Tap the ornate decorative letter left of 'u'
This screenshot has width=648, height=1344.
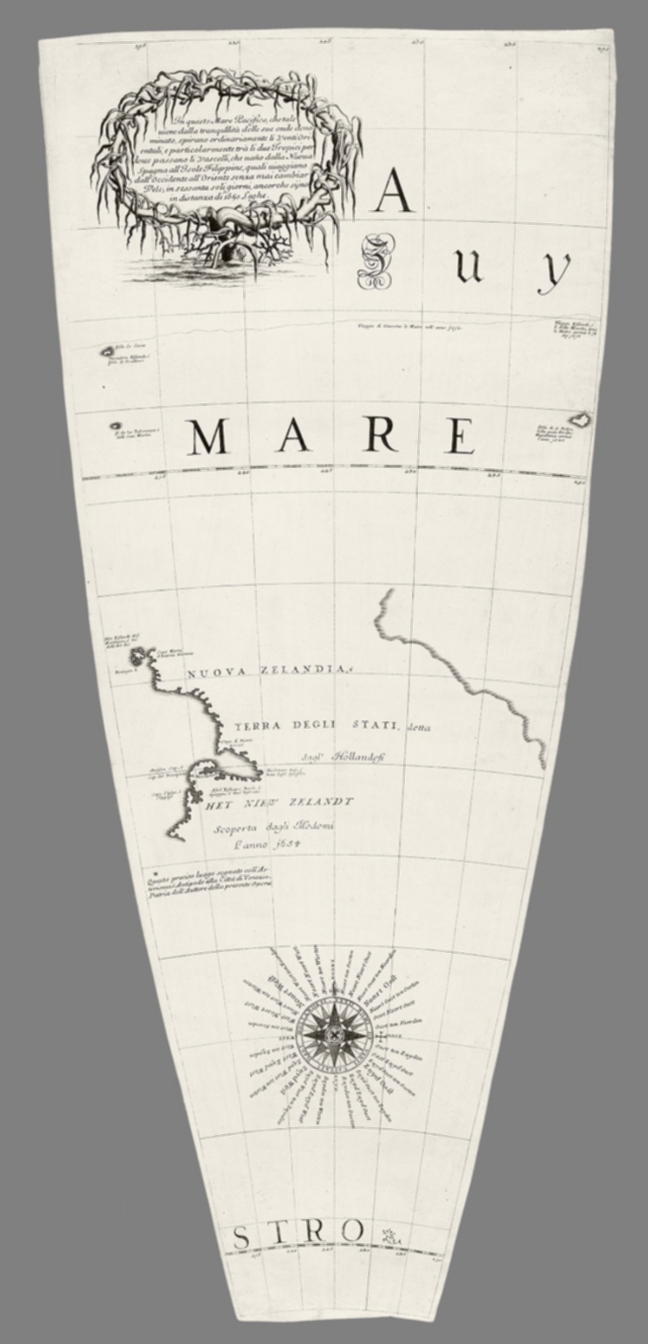pyautogui.click(x=375, y=262)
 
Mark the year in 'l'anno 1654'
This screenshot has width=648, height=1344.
pyautogui.click(x=268, y=844)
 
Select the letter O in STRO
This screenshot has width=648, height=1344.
pyautogui.click(x=351, y=1231)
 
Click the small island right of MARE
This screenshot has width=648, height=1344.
pyautogui.click(x=580, y=420)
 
